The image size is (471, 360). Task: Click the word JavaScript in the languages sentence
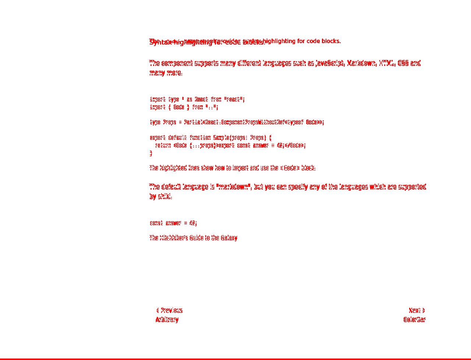click(330, 63)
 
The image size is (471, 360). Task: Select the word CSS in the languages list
click(403, 63)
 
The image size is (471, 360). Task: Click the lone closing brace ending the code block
click(151, 153)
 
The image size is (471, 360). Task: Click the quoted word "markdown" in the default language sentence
click(233, 187)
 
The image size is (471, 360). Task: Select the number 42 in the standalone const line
click(192, 223)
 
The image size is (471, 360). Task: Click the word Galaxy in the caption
click(229, 238)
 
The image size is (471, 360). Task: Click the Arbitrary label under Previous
click(167, 320)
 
